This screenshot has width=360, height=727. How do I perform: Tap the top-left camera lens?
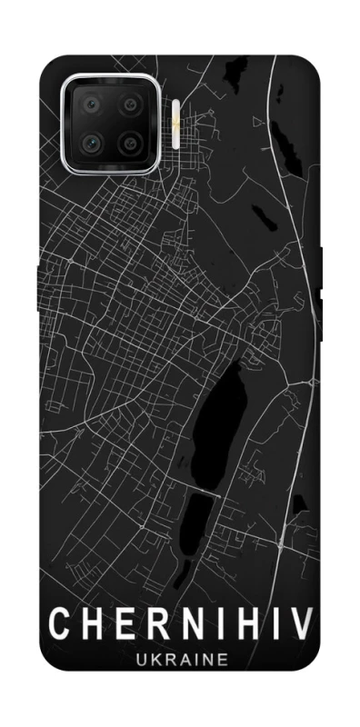[91, 106]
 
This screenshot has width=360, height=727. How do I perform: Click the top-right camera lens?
[130, 106]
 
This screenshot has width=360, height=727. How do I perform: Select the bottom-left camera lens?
[91, 144]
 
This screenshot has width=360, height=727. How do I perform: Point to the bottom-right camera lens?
[130, 144]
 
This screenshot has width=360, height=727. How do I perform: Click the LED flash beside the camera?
[175, 124]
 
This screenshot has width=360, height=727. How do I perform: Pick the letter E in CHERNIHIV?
[119, 626]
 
